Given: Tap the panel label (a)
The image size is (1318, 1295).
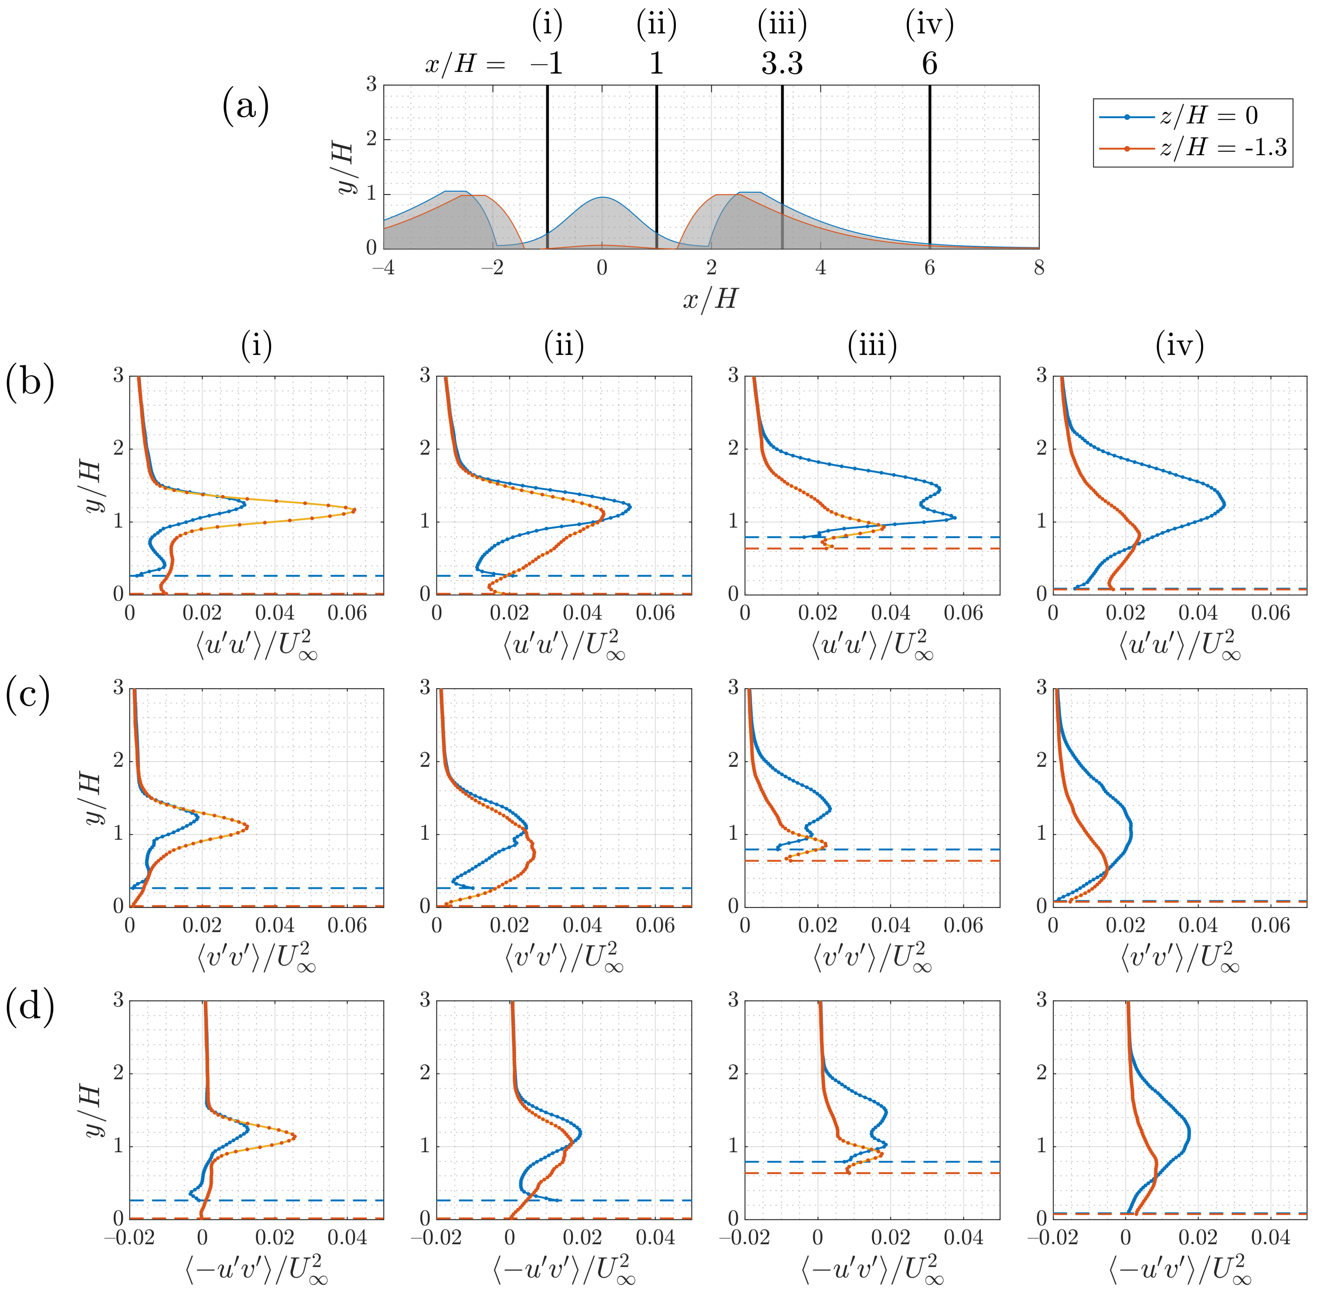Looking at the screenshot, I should pos(246,107).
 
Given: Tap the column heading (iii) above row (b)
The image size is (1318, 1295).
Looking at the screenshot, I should pos(872,346).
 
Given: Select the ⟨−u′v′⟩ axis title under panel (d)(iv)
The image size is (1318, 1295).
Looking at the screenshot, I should pos(1180,1269).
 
